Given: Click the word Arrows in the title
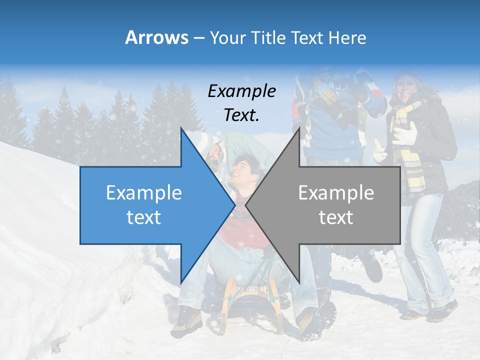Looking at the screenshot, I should pyautogui.click(x=156, y=37).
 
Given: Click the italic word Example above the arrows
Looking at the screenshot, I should pyautogui.click(x=241, y=91).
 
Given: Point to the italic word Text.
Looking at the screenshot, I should pyautogui.click(x=241, y=115).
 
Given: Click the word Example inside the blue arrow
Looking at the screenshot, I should pyautogui.click(x=144, y=193).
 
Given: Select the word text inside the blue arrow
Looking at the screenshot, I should pyautogui.click(x=144, y=217).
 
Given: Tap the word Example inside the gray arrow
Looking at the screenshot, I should pyautogui.click(x=336, y=193).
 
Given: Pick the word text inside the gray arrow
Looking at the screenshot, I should pyautogui.click(x=336, y=217).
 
